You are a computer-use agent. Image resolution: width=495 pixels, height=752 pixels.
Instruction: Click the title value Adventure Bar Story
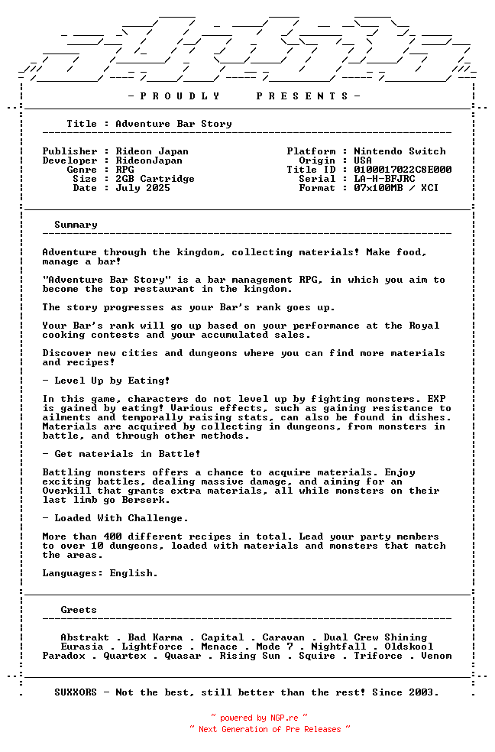pyautogui.click(x=173, y=124)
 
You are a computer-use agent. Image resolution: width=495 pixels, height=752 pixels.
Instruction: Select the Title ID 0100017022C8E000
pyautogui.click(x=403, y=170)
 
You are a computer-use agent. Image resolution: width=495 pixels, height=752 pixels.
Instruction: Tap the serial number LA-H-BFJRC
pyautogui.click(x=384, y=179)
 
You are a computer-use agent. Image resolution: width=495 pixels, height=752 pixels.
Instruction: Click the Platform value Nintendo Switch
pyautogui.click(x=400, y=151)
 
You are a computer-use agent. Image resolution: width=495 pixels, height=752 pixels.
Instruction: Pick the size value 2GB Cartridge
pyautogui.click(x=155, y=179)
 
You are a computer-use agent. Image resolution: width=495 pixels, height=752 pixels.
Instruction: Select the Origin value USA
pyautogui.click(x=363, y=160)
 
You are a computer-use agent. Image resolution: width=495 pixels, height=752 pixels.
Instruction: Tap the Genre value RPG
pyautogui.click(x=125, y=170)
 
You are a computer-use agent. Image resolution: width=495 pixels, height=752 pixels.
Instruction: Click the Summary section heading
pyautogui.click(x=76, y=225)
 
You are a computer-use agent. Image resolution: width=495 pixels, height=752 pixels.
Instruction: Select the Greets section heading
pyautogui.click(x=79, y=610)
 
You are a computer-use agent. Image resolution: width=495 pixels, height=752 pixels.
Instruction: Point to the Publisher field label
pyautogui.click(x=70, y=151)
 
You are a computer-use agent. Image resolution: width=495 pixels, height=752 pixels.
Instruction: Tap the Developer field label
pyautogui.click(x=70, y=160)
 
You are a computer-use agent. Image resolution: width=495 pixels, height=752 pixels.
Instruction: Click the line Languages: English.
pyautogui.click(x=100, y=573)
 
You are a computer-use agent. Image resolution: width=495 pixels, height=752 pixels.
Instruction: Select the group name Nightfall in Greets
pyautogui.click(x=338, y=647)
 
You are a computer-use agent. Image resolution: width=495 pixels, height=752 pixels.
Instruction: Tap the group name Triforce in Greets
pyautogui.click(x=378, y=656)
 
